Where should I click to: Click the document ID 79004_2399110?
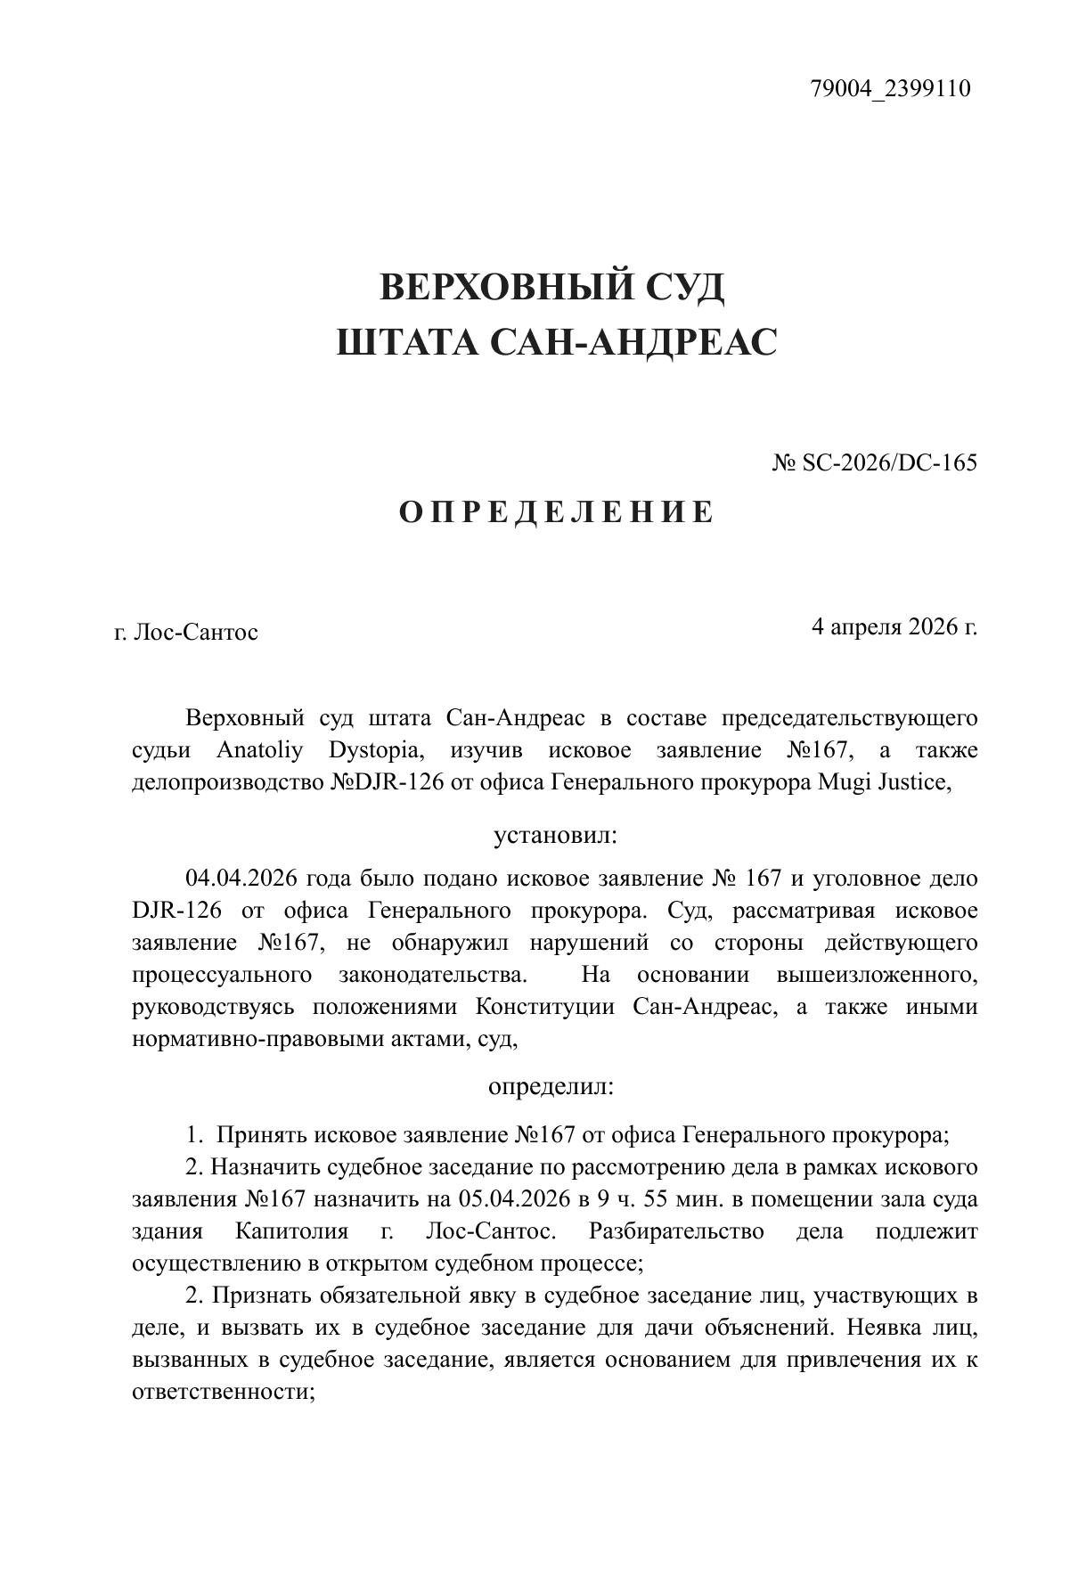pos(890,89)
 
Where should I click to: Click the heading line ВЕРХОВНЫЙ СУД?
pos(552,288)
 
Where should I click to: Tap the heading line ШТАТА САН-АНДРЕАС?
pos(557,341)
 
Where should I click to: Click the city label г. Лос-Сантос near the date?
pos(186,633)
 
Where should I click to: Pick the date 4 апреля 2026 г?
pos(894,626)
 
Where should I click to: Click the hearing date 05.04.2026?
pos(513,1199)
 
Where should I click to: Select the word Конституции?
pos(545,1007)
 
